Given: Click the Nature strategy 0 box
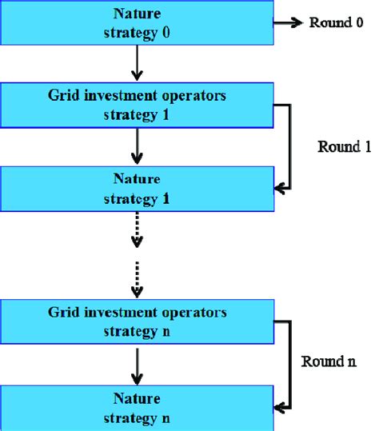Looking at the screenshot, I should point(137,23).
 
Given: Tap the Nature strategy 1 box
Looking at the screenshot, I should point(137,186).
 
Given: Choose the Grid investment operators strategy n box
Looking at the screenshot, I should point(137,320).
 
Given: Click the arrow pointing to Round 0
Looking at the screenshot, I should point(288,23).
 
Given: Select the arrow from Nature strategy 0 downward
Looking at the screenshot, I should point(137,63).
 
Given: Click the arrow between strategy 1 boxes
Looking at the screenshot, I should point(137,146).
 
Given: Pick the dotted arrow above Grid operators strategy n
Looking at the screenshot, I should point(137,275).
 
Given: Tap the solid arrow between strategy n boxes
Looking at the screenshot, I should point(137,364).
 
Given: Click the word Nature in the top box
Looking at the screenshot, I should point(138,14).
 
